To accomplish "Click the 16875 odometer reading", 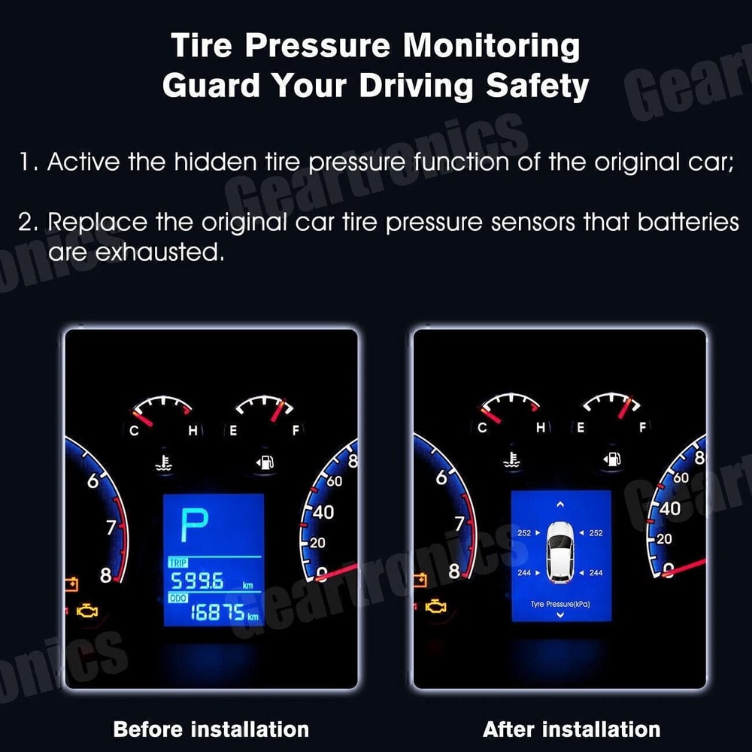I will point(216,613).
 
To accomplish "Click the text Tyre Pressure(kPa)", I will point(560,604).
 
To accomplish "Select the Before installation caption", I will point(211,729).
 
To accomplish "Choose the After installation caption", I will point(572,729).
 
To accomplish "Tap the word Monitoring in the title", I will point(491,47).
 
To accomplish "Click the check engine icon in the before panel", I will point(87,610).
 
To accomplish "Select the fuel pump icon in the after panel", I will point(611,458).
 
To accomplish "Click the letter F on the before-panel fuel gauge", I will point(296,430).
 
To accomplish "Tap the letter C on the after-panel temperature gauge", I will point(482,428).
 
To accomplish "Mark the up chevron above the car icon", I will point(560,504).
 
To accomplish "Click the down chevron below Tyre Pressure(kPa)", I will point(560,615).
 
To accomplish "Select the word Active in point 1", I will point(83,162).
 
